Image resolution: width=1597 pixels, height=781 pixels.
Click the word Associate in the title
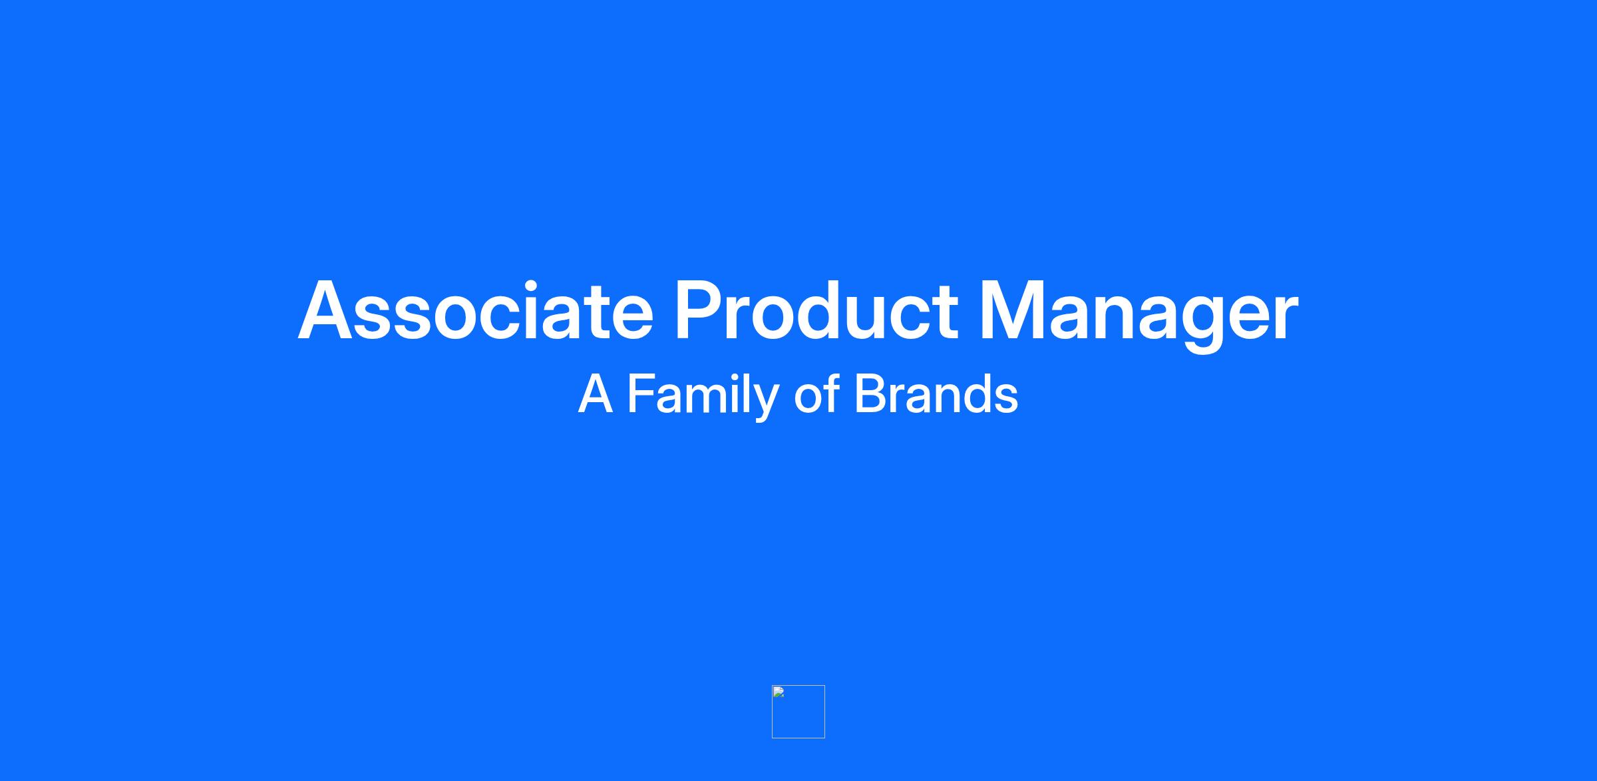[x=475, y=310]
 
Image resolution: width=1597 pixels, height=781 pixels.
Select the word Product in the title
[x=816, y=310]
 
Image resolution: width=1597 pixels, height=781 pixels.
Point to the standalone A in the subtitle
[x=595, y=394]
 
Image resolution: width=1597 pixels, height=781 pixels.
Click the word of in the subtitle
[x=816, y=393]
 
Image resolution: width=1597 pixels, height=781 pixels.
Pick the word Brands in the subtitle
[x=936, y=393]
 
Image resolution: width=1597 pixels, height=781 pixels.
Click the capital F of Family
[x=641, y=394]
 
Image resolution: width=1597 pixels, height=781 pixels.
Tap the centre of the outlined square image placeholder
[x=798, y=712]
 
